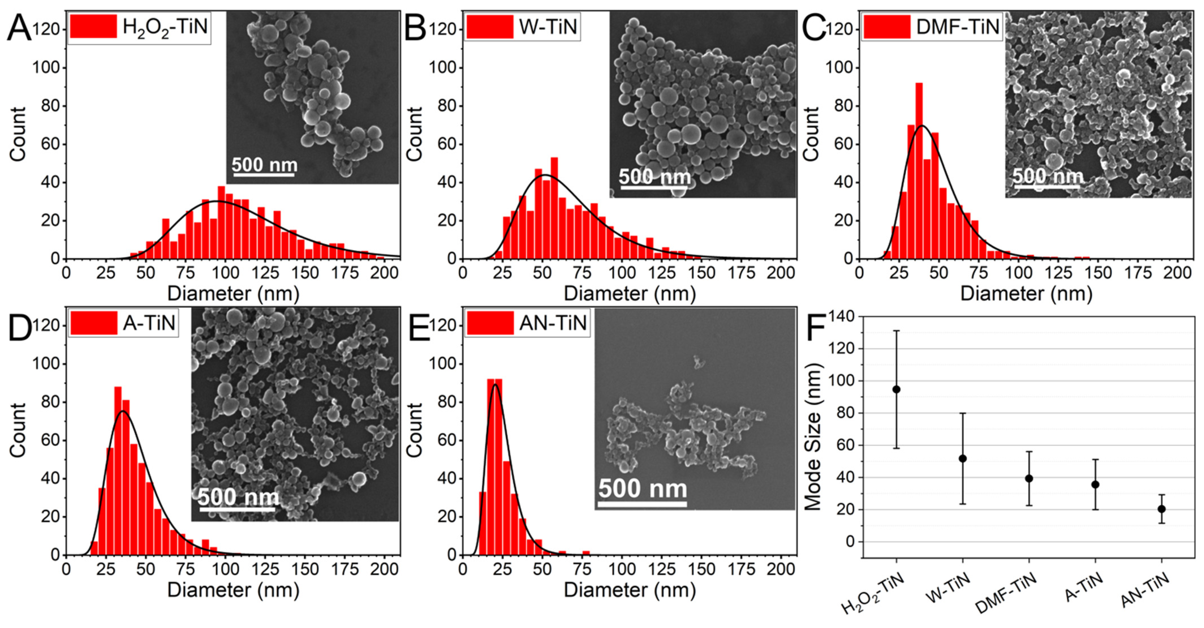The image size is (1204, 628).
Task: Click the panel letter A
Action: point(19,28)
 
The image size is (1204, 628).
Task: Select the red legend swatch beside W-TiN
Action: point(489,27)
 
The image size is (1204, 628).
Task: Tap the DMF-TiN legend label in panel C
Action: point(957,27)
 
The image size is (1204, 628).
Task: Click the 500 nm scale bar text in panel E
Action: point(643,489)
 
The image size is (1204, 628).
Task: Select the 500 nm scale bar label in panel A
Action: point(264,165)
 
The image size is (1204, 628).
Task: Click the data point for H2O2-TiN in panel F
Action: point(896,389)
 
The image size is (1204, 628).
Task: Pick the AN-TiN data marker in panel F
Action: point(1162,509)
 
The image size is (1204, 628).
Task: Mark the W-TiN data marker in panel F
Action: point(962,459)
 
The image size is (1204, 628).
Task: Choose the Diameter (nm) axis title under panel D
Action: point(233,590)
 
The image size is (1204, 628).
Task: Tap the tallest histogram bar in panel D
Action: point(118,470)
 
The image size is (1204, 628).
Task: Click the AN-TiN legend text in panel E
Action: point(553,323)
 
